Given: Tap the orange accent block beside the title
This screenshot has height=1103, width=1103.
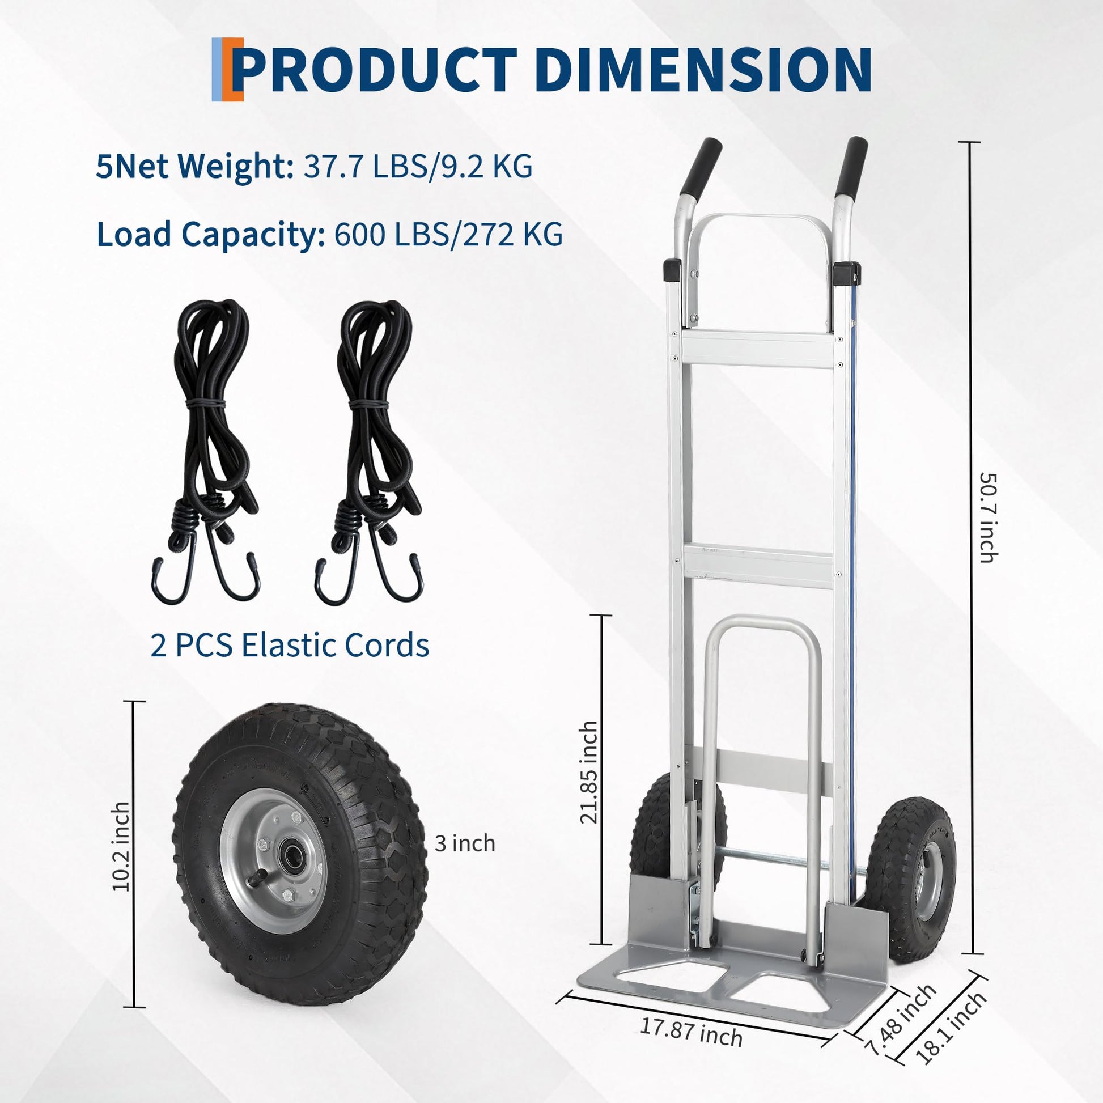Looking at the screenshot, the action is [234, 69].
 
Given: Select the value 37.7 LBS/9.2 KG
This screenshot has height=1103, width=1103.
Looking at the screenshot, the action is [418, 167].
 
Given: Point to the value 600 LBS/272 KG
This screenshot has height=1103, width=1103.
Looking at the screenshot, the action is [449, 234].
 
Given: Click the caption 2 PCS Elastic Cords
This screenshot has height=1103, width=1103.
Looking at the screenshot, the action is [290, 646].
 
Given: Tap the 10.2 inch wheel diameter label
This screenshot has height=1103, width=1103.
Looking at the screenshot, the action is [121, 847].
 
